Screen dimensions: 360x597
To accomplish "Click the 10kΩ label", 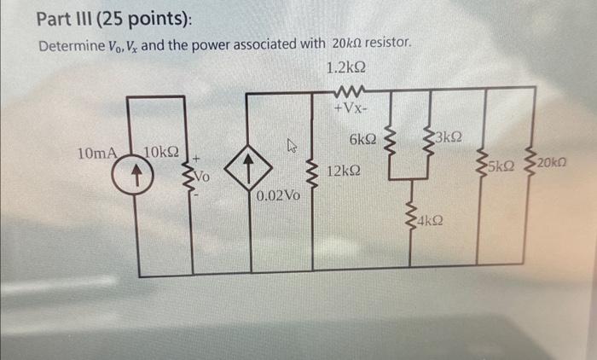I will [x=162, y=154].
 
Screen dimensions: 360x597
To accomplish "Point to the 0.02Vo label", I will [x=277, y=196].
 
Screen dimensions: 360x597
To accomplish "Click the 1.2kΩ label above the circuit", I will [x=346, y=67].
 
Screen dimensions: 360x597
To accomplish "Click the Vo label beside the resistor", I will [x=202, y=177].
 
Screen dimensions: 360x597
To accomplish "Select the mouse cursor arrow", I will [x=292, y=148].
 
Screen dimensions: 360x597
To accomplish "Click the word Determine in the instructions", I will [x=70, y=43].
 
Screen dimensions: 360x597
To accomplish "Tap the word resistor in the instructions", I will [x=386, y=42].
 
